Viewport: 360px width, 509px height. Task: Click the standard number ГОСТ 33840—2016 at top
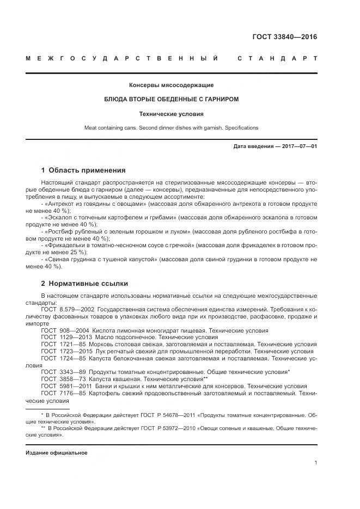pyautogui.click(x=284, y=37)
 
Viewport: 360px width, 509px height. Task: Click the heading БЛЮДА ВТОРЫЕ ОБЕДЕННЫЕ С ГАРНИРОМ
pyautogui.click(x=171, y=100)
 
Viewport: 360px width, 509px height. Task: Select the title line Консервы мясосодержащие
pyautogui.click(x=171, y=85)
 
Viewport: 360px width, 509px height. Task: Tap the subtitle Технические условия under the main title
pyautogui.click(x=171, y=114)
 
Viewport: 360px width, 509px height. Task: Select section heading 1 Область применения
pyautogui.click(x=83, y=170)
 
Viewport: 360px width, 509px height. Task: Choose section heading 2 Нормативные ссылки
pyautogui.click(x=84, y=284)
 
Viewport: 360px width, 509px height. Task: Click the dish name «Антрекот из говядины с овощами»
pyautogui.click(x=96, y=203)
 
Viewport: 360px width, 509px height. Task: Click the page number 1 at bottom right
pyautogui.click(x=316, y=463)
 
